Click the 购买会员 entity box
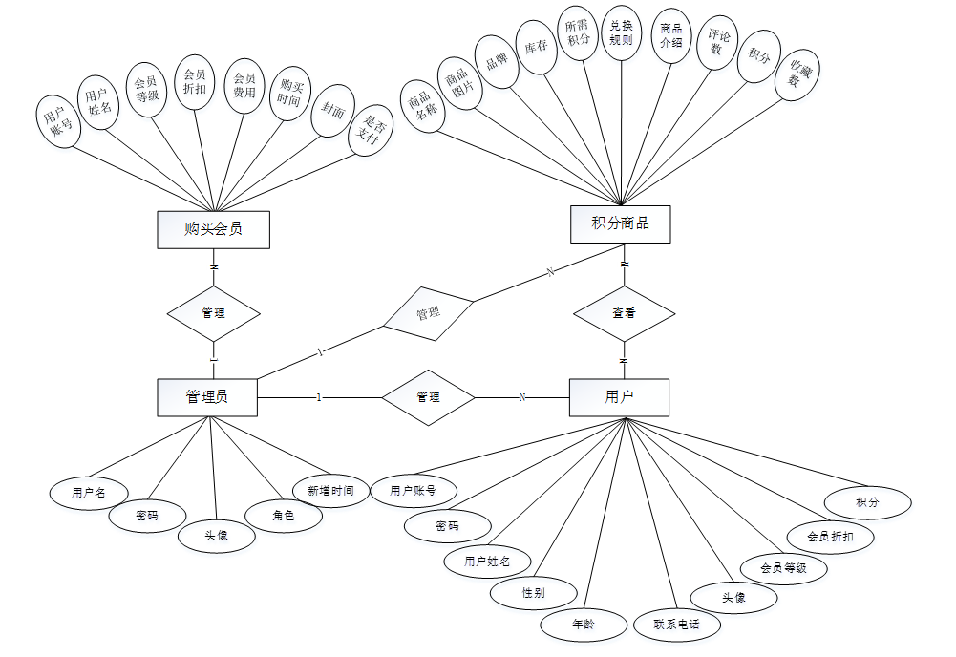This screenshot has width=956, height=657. (x=213, y=229)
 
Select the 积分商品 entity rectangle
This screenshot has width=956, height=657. (x=620, y=223)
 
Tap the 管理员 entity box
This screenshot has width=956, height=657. (x=207, y=397)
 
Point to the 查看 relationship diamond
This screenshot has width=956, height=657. (x=624, y=312)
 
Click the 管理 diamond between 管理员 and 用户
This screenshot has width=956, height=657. (x=428, y=397)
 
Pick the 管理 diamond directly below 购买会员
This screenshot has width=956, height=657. (x=214, y=313)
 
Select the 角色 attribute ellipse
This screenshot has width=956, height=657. (x=284, y=516)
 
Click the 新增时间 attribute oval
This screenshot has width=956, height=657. (x=330, y=491)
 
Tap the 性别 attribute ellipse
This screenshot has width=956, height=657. (x=533, y=593)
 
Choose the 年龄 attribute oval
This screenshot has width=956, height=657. (x=583, y=625)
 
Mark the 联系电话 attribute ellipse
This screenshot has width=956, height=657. (x=677, y=625)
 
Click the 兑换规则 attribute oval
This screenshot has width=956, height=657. (x=621, y=32)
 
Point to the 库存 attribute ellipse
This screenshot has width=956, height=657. (x=537, y=46)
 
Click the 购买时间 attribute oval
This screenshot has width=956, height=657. (x=289, y=94)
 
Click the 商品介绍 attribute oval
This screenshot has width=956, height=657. (x=670, y=35)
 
